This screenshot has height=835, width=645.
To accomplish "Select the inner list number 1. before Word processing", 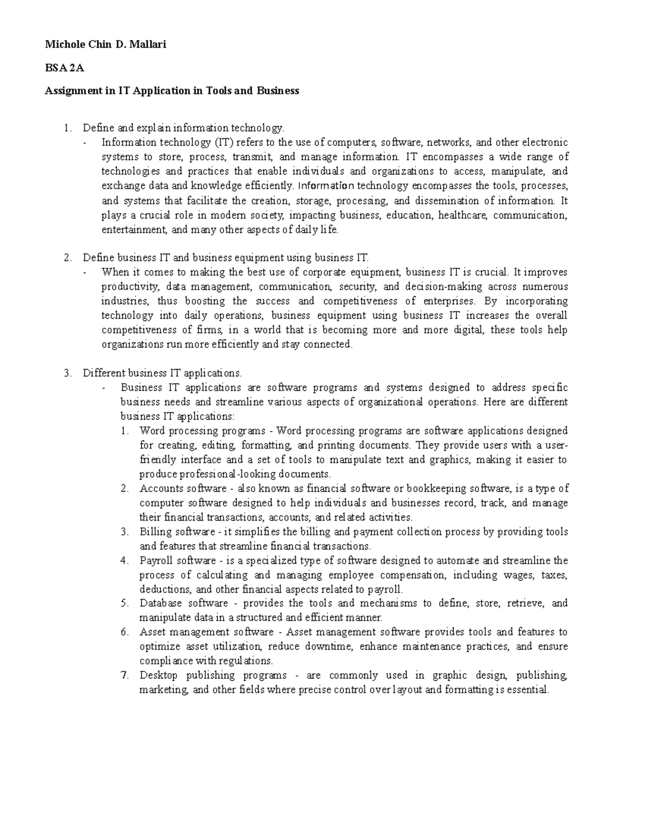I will click(x=125, y=431).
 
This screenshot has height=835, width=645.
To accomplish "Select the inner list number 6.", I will click(x=125, y=632).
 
